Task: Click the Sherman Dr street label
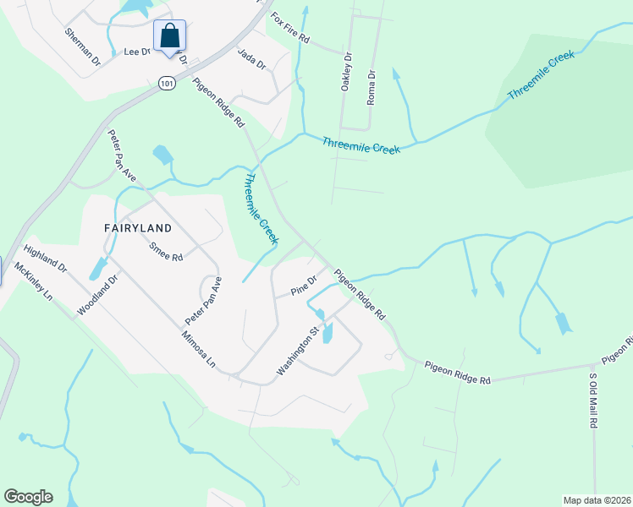coord(83,46)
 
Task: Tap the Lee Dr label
coord(135,52)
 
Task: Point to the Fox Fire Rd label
coord(290,29)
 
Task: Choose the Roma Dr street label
coord(371,88)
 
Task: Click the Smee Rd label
coord(166,252)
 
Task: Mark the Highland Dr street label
coord(45,259)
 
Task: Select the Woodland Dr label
coord(95,296)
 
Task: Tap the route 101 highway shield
coord(165,83)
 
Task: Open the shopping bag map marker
coord(169,36)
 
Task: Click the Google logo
coord(28,497)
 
